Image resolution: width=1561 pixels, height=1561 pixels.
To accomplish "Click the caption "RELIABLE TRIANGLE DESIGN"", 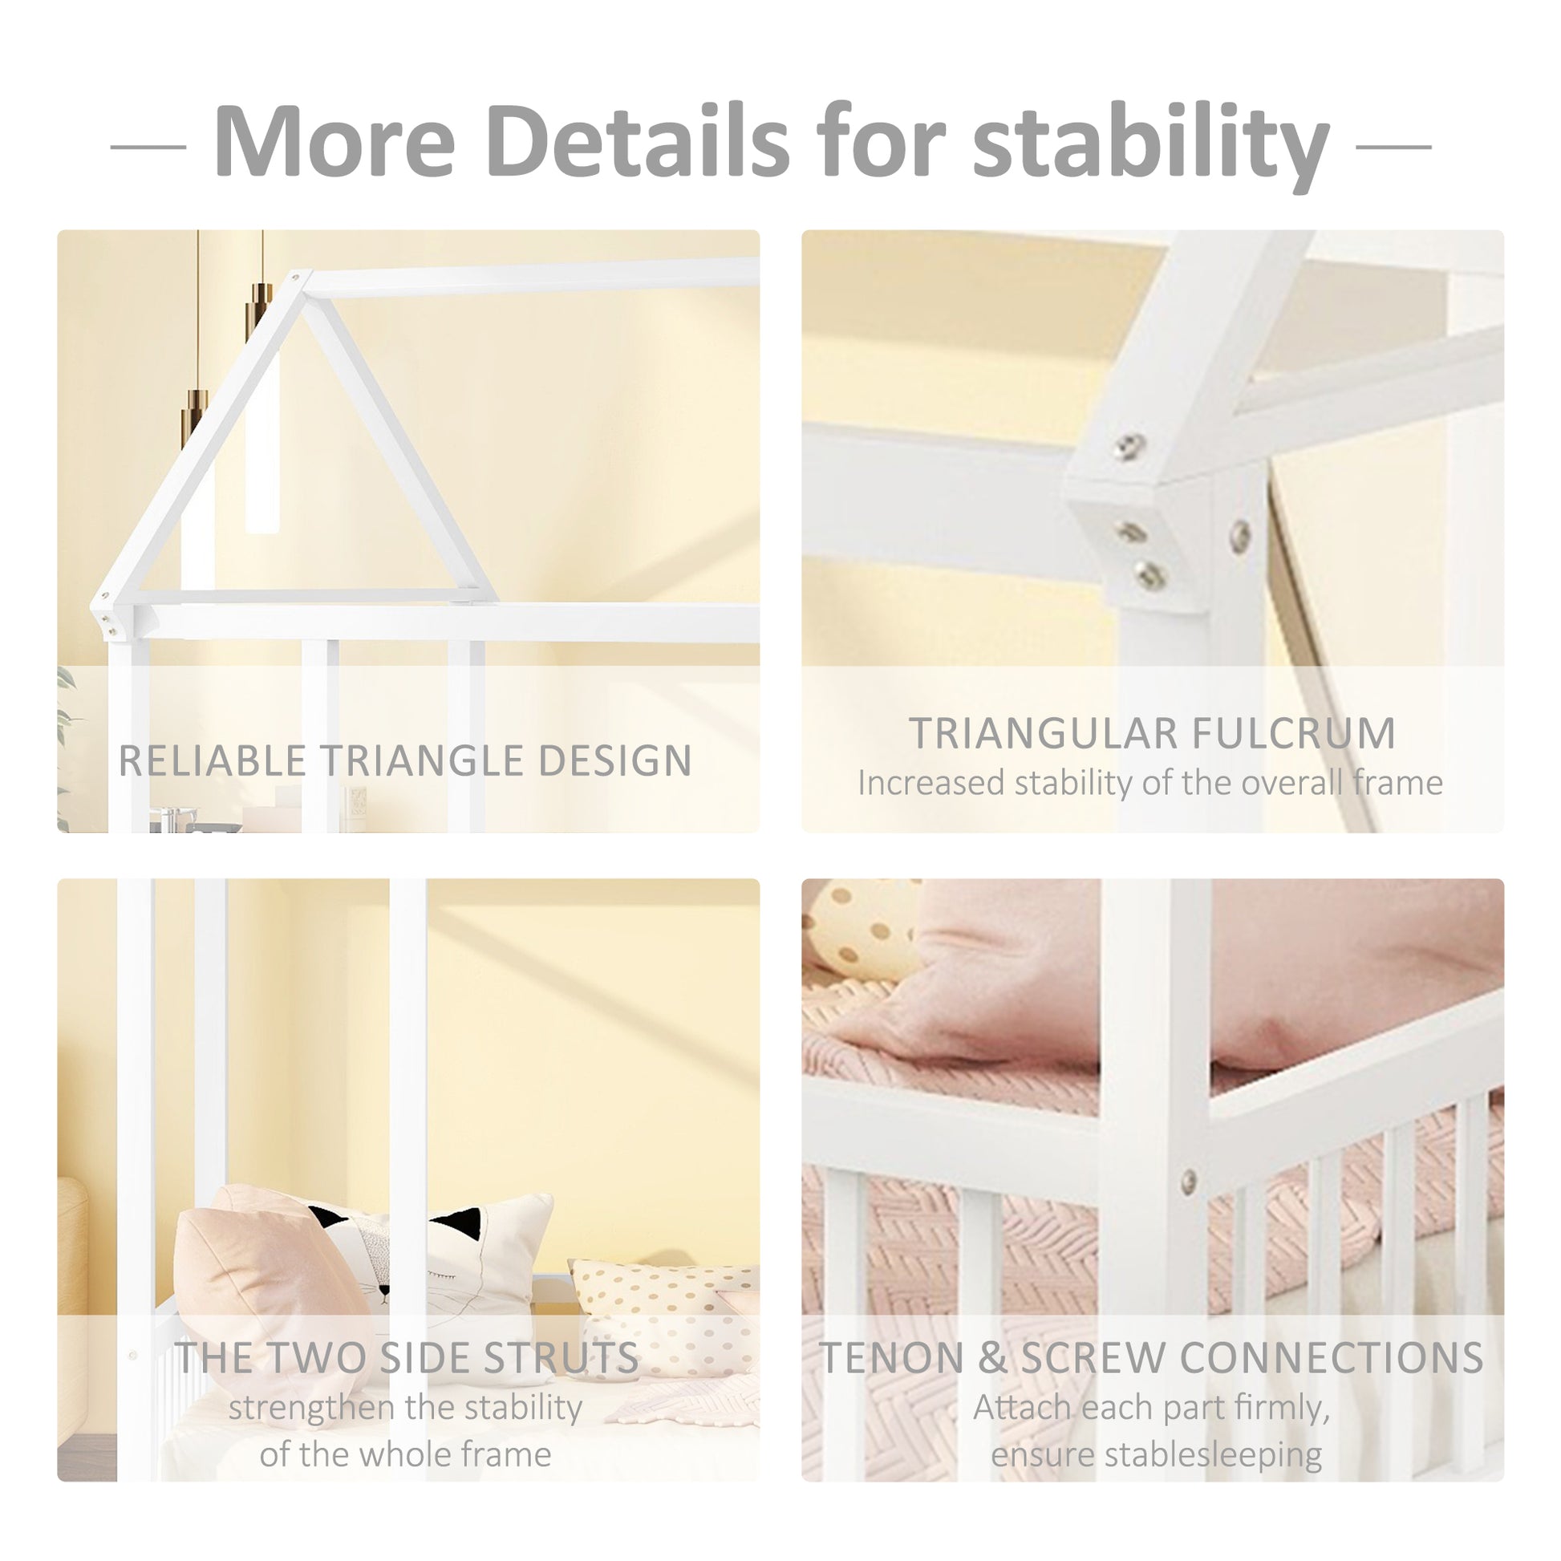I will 405,760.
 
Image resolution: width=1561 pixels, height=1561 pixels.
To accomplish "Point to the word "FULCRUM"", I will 1294,733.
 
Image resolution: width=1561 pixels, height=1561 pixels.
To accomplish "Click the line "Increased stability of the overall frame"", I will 1149,783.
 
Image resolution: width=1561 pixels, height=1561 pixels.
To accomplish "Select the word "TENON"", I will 890,1357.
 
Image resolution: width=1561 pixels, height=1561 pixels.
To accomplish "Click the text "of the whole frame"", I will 405,1454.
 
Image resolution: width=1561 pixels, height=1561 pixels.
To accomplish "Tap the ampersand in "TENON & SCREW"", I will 991,1357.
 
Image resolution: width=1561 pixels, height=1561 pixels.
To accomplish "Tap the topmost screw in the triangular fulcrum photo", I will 1129,444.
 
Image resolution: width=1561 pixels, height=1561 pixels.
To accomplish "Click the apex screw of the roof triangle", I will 297,278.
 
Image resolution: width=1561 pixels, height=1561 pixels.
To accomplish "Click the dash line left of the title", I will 148,147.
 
